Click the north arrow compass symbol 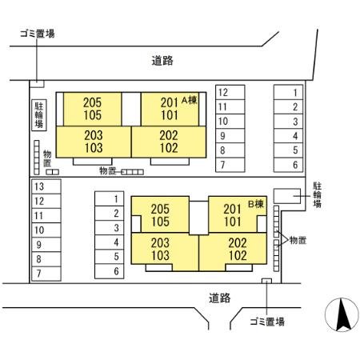pyautogui.click(x=342, y=315)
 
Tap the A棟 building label pyautogui.click(x=190, y=100)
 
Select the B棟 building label pyautogui.click(x=256, y=204)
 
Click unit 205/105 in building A pyautogui.click(x=93, y=109)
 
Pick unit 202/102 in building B pyautogui.click(x=233, y=249)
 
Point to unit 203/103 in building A pyautogui.click(x=94, y=142)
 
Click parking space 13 pyautogui.click(x=46, y=186)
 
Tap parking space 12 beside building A pyautogui.click(x=230, y=92)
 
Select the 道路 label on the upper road pyautogui.click(x=162, y=61)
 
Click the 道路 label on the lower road pyautogui.click(x=219, y=298)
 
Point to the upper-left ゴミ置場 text pyautogui.click(x=38, y=34)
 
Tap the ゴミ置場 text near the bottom pyautogui.click(x=267, y=322)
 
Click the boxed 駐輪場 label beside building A pyautogui.click(x=39, y=115)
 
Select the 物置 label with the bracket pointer pyautogui.click(x=298, y=240)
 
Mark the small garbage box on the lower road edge pyautogui.click(x=266, y=281)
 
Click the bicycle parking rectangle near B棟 pyautogui.click(x=287, y=196)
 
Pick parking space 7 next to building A pyautogui.click(x=230, y=165)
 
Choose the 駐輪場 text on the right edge pyautogui.click(x=317, y=195)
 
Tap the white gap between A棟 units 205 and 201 pyautogui.click(x=131, y=109)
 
